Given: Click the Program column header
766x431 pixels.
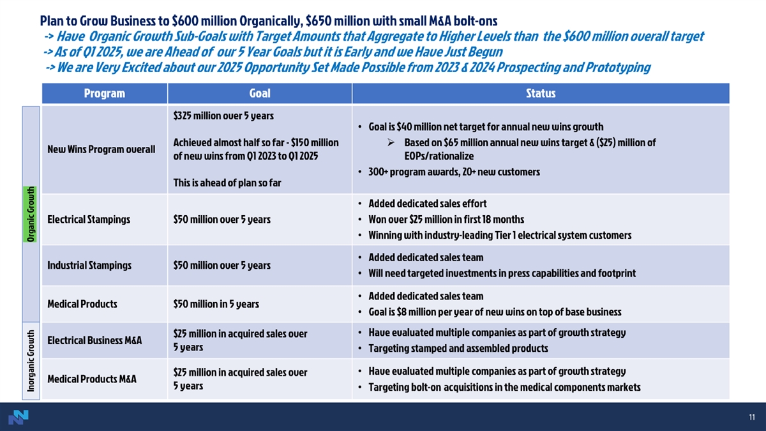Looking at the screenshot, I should [104, 93].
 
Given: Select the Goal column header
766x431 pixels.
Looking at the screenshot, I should [259, 93].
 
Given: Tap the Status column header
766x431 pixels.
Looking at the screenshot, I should [540, 93].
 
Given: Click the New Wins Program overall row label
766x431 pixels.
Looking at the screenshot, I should [101, 149].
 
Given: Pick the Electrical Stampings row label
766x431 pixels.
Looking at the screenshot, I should [89, 219].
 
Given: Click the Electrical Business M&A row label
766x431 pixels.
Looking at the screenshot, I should [94, 340].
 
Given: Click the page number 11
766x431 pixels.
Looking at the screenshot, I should [752, 418].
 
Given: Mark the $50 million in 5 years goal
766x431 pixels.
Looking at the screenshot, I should [216, 303].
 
